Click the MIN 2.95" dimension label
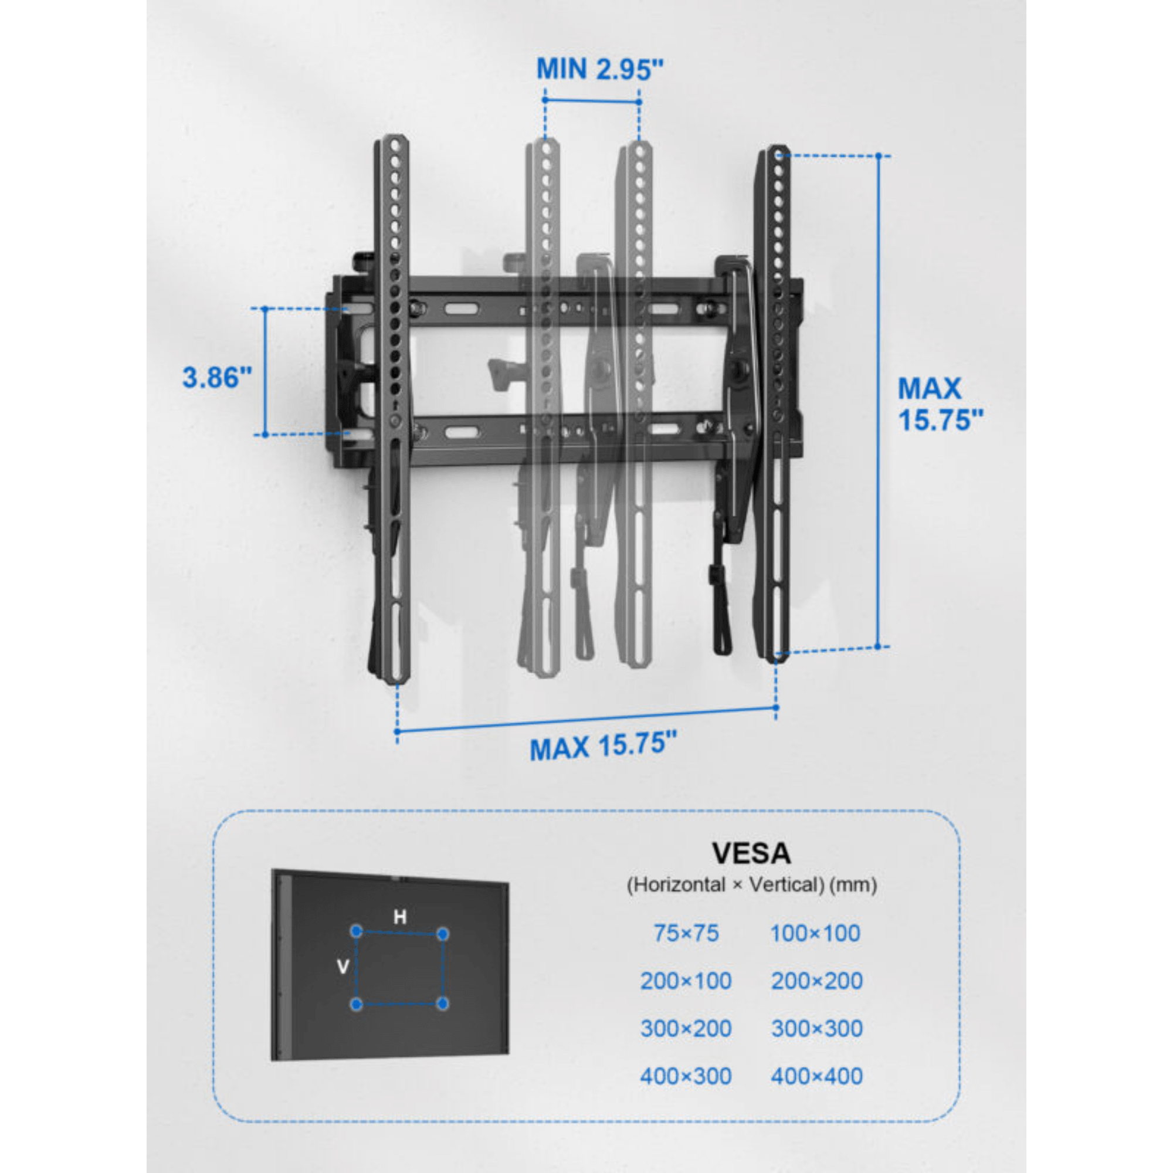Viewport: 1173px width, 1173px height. coord(600,69)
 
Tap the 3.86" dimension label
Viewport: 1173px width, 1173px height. coord(217,378)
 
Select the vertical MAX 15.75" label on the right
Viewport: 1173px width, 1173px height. coord(939,404)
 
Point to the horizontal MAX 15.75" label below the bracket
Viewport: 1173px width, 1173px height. coord(602,746)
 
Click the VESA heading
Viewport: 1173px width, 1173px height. coord(751,853)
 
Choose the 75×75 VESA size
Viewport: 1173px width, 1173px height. coord(686,933)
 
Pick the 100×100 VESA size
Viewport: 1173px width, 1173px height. coord(815,933)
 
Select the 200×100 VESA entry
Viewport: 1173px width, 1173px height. coord(686,981)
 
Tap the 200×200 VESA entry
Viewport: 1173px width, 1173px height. coord(816,981)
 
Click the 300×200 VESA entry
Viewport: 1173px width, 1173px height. coord(686,1029)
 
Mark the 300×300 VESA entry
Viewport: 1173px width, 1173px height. coord(816,1029)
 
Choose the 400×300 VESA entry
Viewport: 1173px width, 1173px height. coord(686,1076)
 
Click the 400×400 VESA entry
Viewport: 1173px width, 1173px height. coord(816,1076)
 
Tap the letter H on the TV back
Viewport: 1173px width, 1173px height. coord(399,917)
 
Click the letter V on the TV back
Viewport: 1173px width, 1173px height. coord(343,967)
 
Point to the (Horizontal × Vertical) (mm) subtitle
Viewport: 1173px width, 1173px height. coord(752,884)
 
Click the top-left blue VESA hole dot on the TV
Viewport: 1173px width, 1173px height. coord(357,931)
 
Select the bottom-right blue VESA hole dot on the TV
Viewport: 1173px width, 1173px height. coord(443,1004)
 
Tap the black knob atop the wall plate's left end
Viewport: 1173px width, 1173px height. coord(363,262)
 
